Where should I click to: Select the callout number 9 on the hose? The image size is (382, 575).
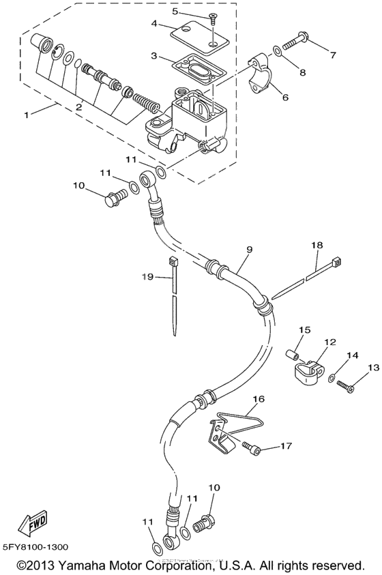[248, 250]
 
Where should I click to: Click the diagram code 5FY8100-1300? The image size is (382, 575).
[35, 547]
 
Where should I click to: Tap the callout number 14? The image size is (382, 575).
[352, 356]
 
